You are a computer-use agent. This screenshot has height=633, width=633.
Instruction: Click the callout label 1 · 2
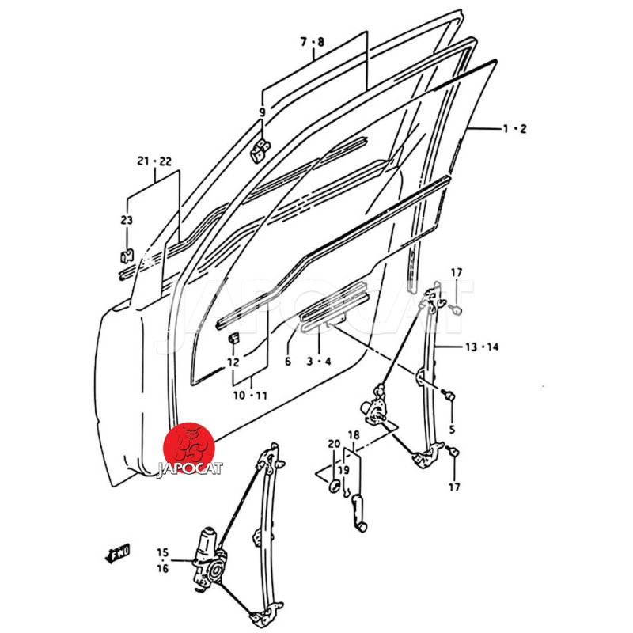coord(514,129)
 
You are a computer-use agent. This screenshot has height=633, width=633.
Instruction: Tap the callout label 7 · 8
coord(313,42)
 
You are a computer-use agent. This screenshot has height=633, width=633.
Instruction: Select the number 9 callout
coord(263,112)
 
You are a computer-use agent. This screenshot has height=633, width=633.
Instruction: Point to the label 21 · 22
coord(154,161)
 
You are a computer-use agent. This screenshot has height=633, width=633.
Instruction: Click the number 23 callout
coord(127,220)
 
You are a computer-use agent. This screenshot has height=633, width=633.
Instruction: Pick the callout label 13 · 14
coord(482,347)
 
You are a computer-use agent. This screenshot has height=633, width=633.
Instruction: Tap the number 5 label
coord(452,429)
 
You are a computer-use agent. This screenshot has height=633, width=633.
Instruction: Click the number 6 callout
coord(287,361)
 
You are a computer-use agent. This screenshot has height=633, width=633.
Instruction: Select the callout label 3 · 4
coord(319,361)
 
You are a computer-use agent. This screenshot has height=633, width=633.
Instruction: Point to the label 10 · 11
coord(250,395)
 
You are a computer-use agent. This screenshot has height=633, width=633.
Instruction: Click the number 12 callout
coord(233,362)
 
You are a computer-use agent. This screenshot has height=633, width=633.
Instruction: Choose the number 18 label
coord(354,435)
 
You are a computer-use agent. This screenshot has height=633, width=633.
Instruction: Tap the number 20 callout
coord(334,444)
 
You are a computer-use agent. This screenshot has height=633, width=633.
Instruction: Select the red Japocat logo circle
coord(188,448)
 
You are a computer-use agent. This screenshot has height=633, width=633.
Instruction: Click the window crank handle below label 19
coord(358,513)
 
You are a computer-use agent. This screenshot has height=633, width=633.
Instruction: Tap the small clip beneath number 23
coord(127,256)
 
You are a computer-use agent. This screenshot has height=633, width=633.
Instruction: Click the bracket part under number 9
coord(260,150)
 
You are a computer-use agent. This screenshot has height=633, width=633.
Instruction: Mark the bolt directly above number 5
coord(449,393)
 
